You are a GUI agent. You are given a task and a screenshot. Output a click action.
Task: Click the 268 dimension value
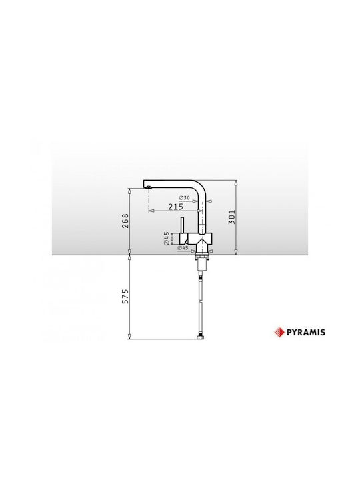(125, 221)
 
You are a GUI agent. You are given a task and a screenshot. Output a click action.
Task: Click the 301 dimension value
(233, 217)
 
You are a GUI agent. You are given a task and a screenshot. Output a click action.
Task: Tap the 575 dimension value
(125, 296)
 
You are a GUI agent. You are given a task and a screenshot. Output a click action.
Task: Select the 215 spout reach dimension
(176, 207)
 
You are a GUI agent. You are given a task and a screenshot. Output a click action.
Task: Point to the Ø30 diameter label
(184, 198)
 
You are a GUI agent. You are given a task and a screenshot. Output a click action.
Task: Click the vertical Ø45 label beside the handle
(167, 238)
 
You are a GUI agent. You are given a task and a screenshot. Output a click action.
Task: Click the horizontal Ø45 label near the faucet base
(183, 248)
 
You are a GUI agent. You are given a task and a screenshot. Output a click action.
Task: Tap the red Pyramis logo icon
(279, 332)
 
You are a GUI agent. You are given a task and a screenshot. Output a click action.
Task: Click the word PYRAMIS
(306, 332)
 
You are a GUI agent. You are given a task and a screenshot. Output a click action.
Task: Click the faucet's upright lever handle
(181, 226)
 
